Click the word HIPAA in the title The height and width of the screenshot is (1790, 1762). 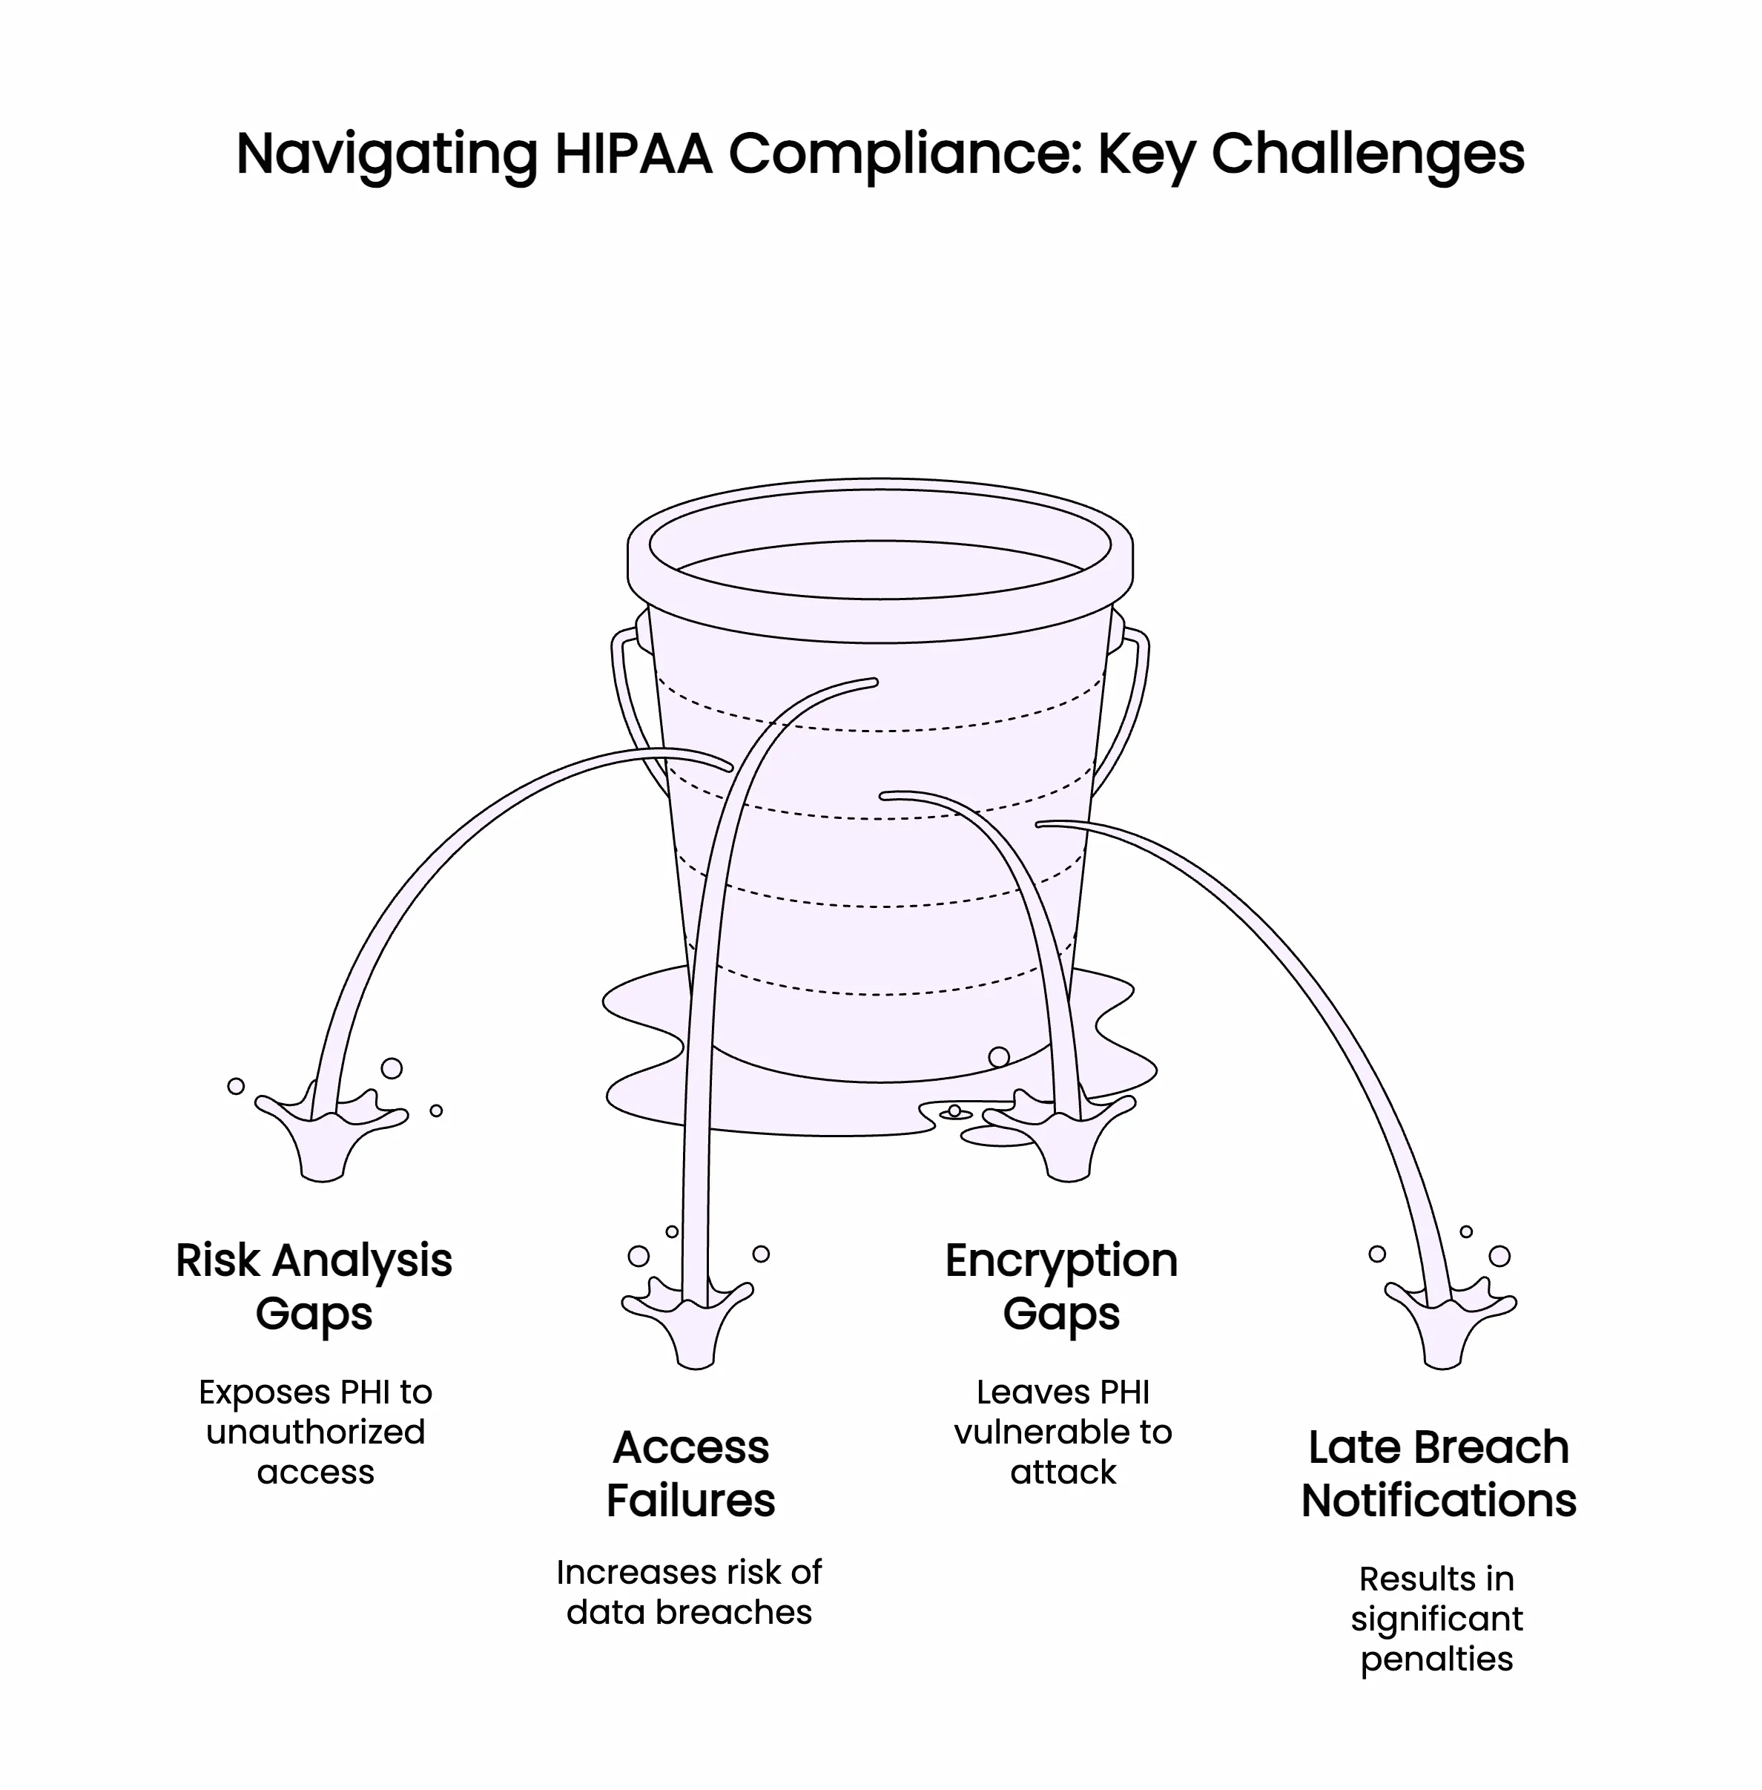633,154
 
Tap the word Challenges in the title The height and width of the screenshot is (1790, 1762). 1367,154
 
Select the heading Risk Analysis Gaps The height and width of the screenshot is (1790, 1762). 314,1286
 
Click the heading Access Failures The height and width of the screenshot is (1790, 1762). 690,1473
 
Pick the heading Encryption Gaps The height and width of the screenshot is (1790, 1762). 1061,1286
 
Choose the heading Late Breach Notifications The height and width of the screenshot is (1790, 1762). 1438,1473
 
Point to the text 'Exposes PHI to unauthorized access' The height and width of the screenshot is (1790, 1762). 316,1432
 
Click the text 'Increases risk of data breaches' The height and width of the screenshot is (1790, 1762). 690,1592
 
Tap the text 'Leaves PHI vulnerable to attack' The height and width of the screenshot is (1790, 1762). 1063,1432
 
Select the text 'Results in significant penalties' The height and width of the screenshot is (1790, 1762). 1436,1619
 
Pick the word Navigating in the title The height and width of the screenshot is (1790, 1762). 387,154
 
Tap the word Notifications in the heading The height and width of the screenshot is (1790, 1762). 1438,1500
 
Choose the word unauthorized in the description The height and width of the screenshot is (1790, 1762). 316,1432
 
